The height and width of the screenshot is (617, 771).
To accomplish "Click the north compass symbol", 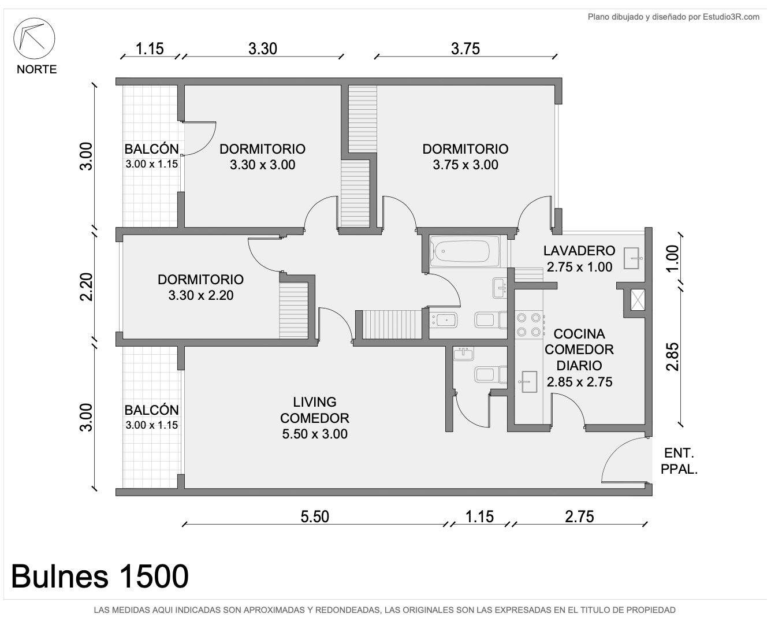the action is coord(34,38).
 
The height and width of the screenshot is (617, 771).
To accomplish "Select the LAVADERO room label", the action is coord(579,251).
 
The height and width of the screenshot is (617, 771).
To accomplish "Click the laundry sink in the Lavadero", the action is coord(633,258).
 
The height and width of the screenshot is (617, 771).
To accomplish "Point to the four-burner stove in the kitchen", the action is coord(529,325).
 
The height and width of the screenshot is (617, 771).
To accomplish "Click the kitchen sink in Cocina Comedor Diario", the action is coord(528,382).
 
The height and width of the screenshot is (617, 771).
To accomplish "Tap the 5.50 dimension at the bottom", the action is coord(315,516).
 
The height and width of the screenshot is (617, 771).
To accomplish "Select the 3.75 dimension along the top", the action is coord(465,49).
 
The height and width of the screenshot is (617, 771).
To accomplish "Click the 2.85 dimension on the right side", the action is coord(672,356).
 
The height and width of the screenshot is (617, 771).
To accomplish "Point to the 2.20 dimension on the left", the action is coord(87,287).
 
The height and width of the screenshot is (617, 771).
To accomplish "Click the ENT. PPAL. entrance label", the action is coord(679,461).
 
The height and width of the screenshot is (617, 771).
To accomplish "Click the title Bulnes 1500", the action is coord(100,576).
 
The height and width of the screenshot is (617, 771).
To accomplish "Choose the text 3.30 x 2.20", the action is coord(200,295).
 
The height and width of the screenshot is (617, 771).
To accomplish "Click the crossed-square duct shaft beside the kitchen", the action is coord(638,300).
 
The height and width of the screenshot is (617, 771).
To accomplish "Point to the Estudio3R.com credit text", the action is coord(673,17).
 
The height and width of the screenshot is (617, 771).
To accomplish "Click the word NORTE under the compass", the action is coord(36,69).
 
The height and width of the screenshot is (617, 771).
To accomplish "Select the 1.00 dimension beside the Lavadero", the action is coord(672,258).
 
